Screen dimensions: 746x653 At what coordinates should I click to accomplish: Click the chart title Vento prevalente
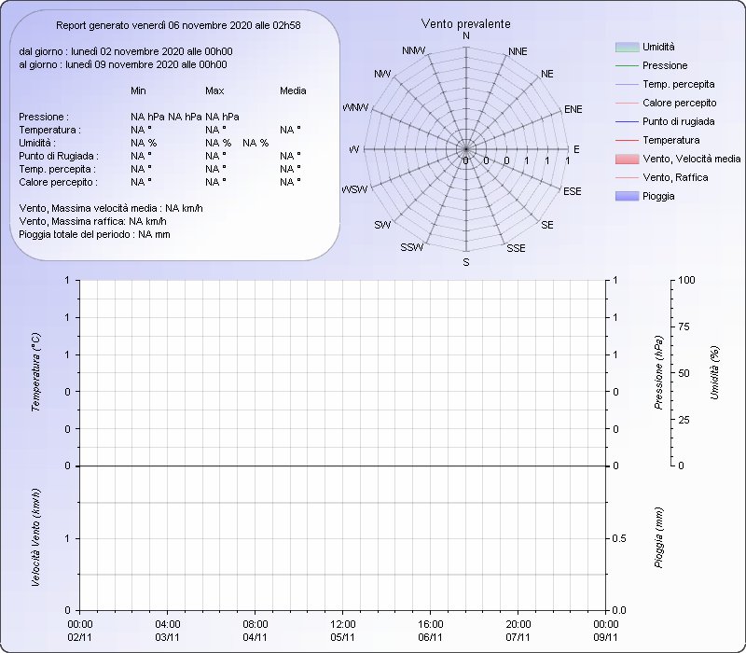click(465, 24)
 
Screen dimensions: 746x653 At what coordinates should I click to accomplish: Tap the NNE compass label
click(518, 51)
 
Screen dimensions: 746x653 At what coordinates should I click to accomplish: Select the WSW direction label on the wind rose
click(355, 189)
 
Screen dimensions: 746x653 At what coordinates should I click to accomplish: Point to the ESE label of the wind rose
click(573, 191)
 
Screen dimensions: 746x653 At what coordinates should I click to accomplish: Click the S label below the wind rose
click(466, 262)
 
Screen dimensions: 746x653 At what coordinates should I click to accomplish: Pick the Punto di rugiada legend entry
click(665, 121)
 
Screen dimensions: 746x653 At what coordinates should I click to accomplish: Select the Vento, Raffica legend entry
click(662, 177)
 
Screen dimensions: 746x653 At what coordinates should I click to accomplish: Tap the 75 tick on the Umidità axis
click(684, 327)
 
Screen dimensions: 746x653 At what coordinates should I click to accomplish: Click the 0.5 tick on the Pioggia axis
click(619, 539)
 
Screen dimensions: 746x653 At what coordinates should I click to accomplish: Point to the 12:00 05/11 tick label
click(343, 631)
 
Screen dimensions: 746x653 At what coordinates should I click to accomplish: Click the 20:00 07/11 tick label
click(518, 631)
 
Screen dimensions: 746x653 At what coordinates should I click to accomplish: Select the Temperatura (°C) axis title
click(35, 372)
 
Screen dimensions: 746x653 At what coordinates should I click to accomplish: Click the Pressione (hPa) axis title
click(659, 372)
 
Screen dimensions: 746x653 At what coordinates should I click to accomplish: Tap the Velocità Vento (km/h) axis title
click(35, 537)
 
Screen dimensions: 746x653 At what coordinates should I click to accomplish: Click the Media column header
click(293, 90)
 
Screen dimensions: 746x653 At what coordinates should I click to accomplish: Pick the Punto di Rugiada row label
click(59, 156)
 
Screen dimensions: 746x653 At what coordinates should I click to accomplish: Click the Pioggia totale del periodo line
click(95, 235)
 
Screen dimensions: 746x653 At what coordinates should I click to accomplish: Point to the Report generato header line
click(178, 26)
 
